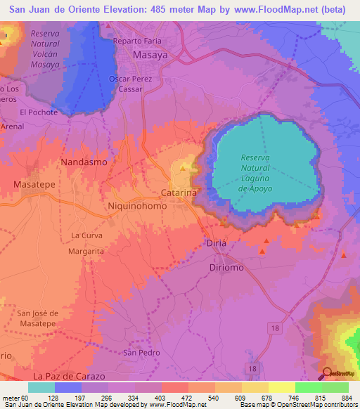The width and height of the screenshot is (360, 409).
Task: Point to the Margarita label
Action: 86,250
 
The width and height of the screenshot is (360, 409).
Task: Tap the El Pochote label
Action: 39,112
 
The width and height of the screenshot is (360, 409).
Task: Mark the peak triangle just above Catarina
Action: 184,168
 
